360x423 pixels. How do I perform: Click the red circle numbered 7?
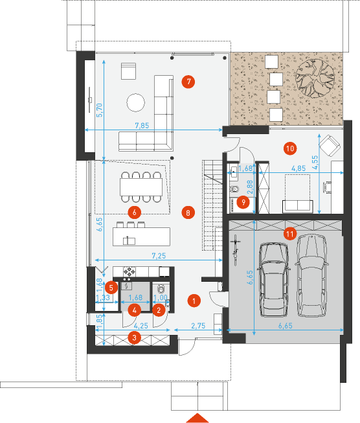[x=188, y=82]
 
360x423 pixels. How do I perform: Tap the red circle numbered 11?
[x=290, y=234]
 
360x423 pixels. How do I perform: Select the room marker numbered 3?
[x=134, y=337]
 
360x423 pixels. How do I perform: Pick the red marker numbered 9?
[x=243, y=202]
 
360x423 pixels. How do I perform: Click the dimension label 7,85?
[x=142, y=126]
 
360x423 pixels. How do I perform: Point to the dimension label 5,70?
[x=100, y=109]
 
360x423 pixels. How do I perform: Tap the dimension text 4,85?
[x=298, y=168]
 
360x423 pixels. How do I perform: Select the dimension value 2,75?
[x=198, y=326]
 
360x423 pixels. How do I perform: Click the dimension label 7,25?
[x=159, y=255]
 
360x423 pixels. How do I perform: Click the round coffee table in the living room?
[x=135, y=102]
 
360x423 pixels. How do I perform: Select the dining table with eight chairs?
[x=141, y=187]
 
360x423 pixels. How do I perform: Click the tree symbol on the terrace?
[x=315, y=78]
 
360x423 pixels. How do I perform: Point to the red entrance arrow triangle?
[x=197, y=418]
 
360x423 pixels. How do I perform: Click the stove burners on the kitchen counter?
[x=129, y=271]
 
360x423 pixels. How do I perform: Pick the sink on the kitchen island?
[x=129, y=240]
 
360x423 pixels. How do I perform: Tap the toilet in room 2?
[x=161, y=289]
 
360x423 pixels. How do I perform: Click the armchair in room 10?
[x=330, y=146]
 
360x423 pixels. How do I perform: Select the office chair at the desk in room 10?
[x=328, y=187]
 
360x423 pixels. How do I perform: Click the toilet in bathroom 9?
[x=234, y=189]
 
